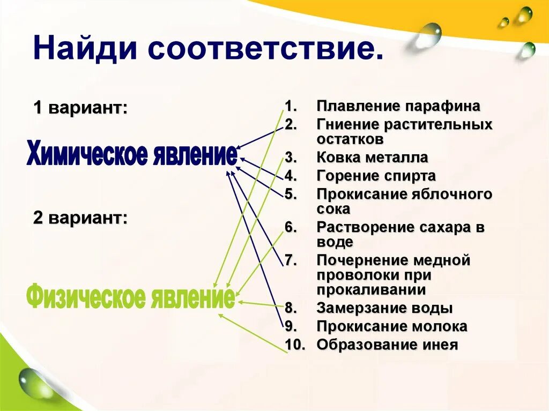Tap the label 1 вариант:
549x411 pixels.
[80, 107]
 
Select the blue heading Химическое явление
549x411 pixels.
[131, 154]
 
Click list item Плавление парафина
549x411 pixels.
[398, 106]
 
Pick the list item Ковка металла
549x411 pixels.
[372, 158]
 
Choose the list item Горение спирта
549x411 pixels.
[376, 176]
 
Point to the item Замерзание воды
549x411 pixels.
[384, 308]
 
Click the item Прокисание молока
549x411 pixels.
[392, 326]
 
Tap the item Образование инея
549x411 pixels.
[387, 345]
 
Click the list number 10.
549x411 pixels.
[294, 345]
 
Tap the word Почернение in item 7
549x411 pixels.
[362, 260]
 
